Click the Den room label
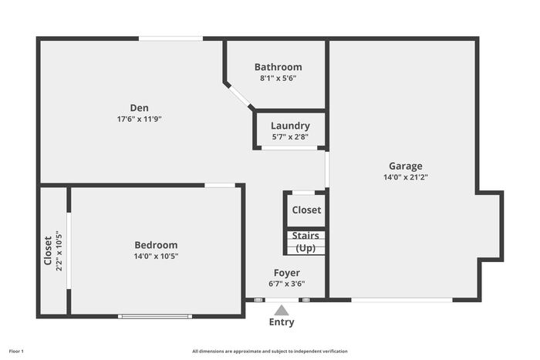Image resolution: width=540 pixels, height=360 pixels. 139,108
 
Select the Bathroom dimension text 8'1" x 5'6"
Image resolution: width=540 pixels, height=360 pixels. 278,78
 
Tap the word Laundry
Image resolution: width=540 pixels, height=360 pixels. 290,126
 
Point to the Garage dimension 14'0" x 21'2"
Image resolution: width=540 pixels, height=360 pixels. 406,177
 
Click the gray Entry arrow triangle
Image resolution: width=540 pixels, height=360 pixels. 282,310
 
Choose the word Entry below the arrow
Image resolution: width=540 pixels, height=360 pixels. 282,322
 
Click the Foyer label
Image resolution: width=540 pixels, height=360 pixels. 286,273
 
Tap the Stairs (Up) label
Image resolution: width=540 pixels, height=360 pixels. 305,242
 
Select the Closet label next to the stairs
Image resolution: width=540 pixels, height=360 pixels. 306,210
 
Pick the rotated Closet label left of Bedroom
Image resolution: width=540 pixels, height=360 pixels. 48,251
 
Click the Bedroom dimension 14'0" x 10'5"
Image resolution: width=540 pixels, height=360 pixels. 156,257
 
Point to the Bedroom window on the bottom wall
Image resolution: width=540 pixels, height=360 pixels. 155,316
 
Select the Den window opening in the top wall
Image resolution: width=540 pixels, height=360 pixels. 170,39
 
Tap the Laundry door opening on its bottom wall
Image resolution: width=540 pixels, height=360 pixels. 289,148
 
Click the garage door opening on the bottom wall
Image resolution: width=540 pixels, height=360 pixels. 402,300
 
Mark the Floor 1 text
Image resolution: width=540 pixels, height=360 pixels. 16,352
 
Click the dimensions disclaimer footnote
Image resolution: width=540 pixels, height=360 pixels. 270,352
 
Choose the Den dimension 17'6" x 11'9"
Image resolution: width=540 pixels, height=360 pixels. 139,119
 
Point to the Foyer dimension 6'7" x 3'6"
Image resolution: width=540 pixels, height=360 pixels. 286,284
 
